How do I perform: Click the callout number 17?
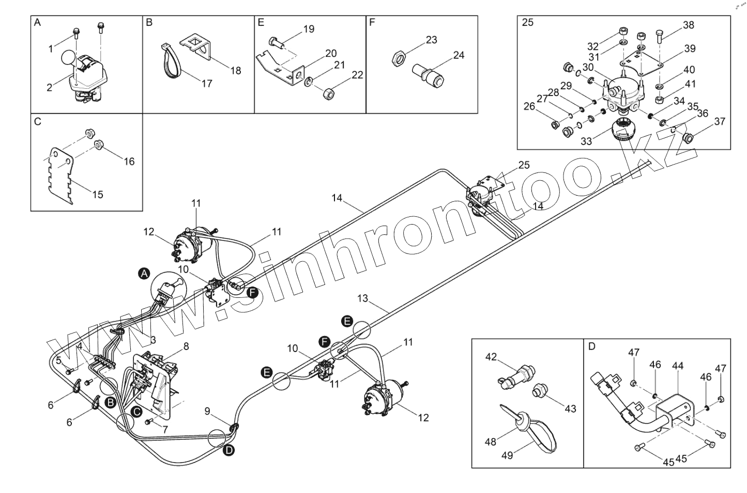pos(207,83)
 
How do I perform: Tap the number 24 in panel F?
pos(459,55)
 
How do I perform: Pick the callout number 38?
pos(688,25)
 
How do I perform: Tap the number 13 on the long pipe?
pos(363,298)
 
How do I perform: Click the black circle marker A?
pos(145,274)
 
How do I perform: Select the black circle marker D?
pos(229,450)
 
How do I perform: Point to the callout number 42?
pos(491,357)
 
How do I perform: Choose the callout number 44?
pos(678,365)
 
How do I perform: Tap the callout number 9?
pos(207,411)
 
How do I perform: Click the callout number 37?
pos(719,121)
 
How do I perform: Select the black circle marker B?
pos(110,403)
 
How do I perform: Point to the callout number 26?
pos(529,107)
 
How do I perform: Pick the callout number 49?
pos(507,455)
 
